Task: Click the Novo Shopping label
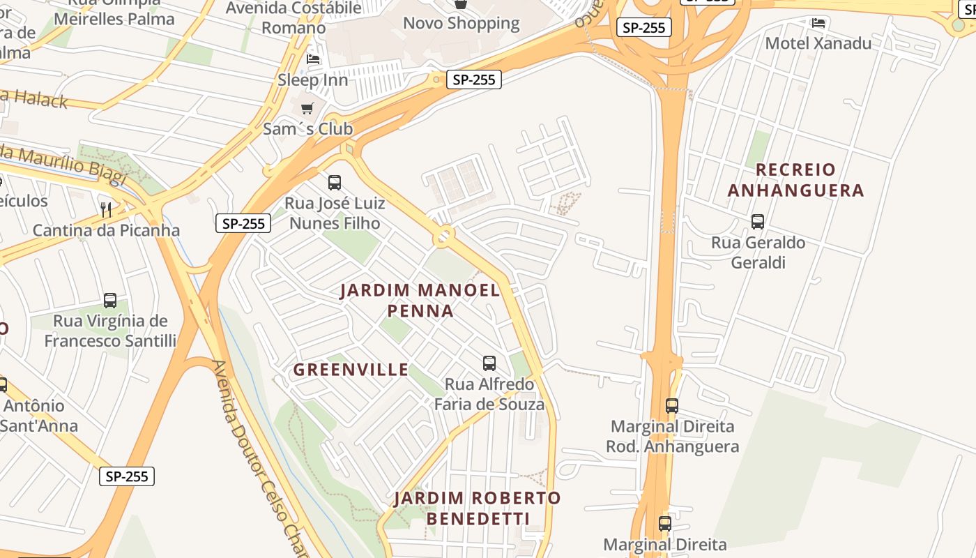[x=461, y=23]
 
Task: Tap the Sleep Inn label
[x=312, y=80]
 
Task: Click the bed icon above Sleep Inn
[x=313, y=59]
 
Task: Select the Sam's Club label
[x=307, y=129]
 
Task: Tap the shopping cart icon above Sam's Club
[x=307, y=109]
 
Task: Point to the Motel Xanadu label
[x=818, y=43]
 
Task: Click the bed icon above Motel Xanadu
[x=818, y=22]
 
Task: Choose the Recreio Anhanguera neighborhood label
[x=795, y=180]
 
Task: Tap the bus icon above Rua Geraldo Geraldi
[x=758, y=222]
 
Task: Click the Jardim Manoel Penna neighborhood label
[x=420, y=300]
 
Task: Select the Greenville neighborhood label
[x=351, y=370]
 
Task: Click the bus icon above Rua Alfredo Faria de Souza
[x=489, y=363]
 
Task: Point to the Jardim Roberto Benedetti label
[x=478, y=508]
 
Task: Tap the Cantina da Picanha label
[x=106, y=230]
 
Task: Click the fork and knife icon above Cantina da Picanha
[x=106, y=209]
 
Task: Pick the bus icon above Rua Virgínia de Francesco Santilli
[x=110, y=301]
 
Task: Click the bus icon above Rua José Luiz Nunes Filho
[x=335, y=183]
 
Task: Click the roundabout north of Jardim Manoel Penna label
[x=443, y=237]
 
